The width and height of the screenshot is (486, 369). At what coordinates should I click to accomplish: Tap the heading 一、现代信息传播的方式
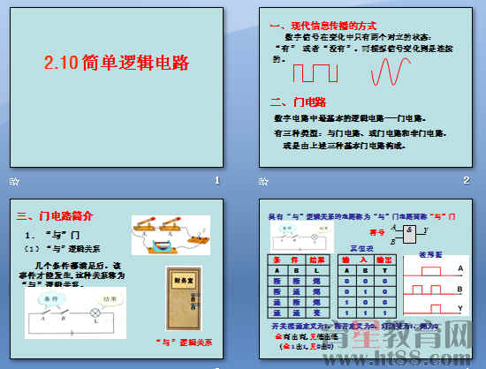324,26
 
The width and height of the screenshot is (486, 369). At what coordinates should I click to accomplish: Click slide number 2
466,181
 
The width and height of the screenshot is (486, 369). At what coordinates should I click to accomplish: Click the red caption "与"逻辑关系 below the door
183,341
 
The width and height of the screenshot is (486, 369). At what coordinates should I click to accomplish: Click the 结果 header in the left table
314,260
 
